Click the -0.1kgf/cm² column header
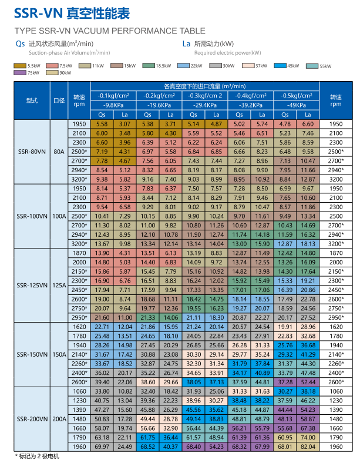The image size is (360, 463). (x=113, y=95)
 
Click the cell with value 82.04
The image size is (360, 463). (x=308, y=447)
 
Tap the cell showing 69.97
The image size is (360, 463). (x=102, y=447)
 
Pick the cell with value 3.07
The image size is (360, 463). (x=125, y=124)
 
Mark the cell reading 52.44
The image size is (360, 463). (x=308, y=381)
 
